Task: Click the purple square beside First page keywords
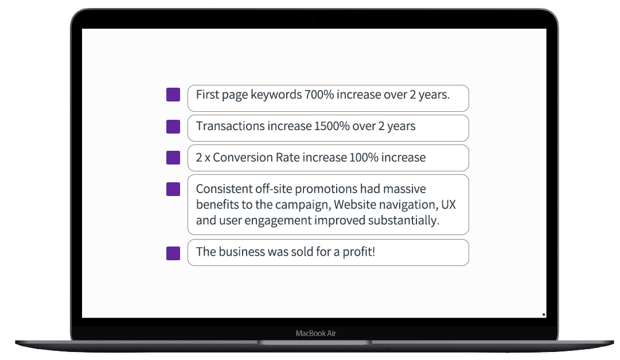(173, 95)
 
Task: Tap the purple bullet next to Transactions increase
(173, 127)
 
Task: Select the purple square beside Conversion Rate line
(173, 157)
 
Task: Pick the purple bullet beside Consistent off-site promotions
(173, 189)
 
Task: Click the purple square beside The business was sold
(173, 253)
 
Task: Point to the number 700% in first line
(319, 95)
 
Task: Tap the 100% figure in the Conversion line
(364, 157)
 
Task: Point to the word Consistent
(224, 189)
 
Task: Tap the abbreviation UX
(449, 204)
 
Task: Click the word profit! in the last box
(358, 252)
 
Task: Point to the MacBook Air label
(316, 333)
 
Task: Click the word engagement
(278, 221)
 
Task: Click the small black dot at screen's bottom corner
(544, 315)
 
